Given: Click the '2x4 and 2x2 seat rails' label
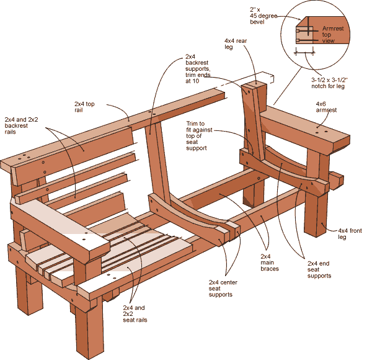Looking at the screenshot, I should (135, 314).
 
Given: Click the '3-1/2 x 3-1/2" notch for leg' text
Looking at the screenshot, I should (332, 83).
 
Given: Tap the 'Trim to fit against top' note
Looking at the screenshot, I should (200, 136).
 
